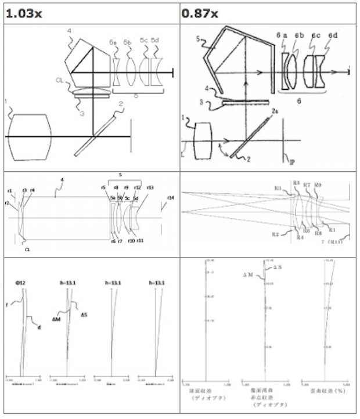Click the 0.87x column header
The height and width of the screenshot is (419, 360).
201,12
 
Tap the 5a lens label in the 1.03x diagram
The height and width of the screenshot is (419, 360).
113,42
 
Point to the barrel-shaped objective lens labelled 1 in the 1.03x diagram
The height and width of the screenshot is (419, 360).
31,136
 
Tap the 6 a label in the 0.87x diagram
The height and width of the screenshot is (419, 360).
283,36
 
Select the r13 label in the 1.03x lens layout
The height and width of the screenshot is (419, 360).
150,187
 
